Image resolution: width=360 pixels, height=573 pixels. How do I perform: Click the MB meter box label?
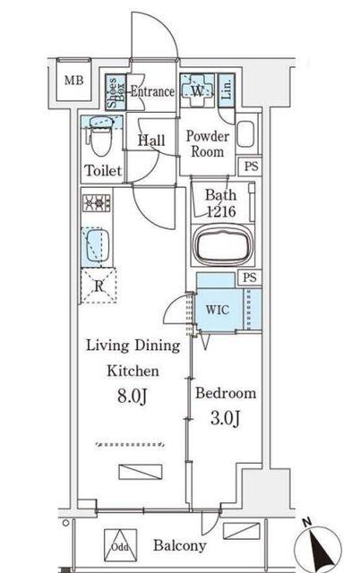tap(73, 80)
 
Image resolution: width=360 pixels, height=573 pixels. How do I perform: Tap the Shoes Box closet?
tap(116, 91)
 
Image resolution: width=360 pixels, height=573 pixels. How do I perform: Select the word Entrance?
tap(152, 91)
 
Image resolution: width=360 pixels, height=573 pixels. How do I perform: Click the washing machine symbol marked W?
tap(197, 90)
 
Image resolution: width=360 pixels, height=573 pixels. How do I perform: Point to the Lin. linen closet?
tap(227, 90)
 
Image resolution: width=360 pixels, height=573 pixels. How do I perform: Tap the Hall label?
tap(151, 141)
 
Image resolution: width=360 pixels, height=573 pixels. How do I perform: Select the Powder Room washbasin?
tap(245, 133)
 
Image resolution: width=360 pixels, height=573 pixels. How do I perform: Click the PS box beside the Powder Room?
tap(251, 167)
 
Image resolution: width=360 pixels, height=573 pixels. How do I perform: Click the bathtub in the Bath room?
tap(223, 245)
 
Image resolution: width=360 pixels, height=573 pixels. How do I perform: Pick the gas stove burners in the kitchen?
tap(97, 203)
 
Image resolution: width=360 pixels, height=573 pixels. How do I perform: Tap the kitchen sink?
tap(98, 245)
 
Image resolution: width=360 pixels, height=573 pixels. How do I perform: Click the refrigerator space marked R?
tap(99, 286)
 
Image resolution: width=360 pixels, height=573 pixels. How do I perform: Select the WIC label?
tap(218, 310)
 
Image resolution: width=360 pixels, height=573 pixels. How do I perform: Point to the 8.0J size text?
tap(133, 396)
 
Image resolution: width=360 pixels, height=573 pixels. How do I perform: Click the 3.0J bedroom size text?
tap(226, 418)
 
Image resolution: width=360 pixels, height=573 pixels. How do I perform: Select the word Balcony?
tap(180, 545)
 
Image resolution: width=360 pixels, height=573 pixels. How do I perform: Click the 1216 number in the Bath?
tap(221, 211)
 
